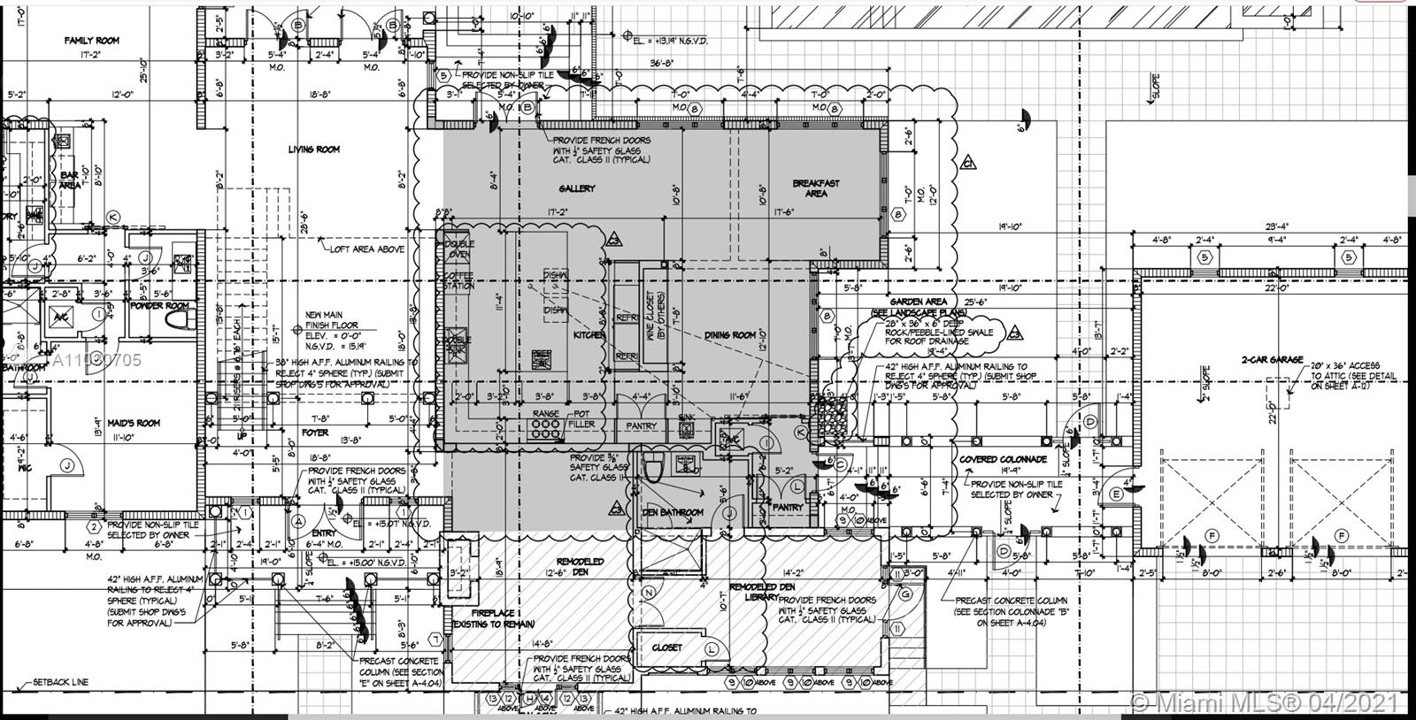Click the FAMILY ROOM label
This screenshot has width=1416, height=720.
click(91, 41)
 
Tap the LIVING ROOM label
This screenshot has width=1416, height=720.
click(314, 149)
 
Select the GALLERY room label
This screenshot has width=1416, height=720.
click(577, 188)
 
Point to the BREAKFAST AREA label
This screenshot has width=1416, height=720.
click(816, 188)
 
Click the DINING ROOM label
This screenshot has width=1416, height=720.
click(731, 335)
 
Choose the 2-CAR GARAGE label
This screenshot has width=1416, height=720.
click(1272, 360)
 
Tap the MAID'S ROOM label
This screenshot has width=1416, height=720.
click(134, 423)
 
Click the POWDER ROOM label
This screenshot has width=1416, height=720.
click(159, 306)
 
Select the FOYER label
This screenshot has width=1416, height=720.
click(315, 433)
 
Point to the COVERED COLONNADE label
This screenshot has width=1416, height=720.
click(1002, 460)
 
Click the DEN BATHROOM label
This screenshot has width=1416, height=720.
click(673, 512)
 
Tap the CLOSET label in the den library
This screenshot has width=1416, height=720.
click(667, 647)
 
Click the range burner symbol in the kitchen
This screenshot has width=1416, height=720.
click(545, 429)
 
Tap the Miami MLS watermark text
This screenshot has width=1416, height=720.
click(1266, 703)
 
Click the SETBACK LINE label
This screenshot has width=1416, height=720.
click(60, 683)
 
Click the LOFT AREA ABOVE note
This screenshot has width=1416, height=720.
click(367, 249)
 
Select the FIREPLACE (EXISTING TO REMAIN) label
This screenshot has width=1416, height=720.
click(494, 618)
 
